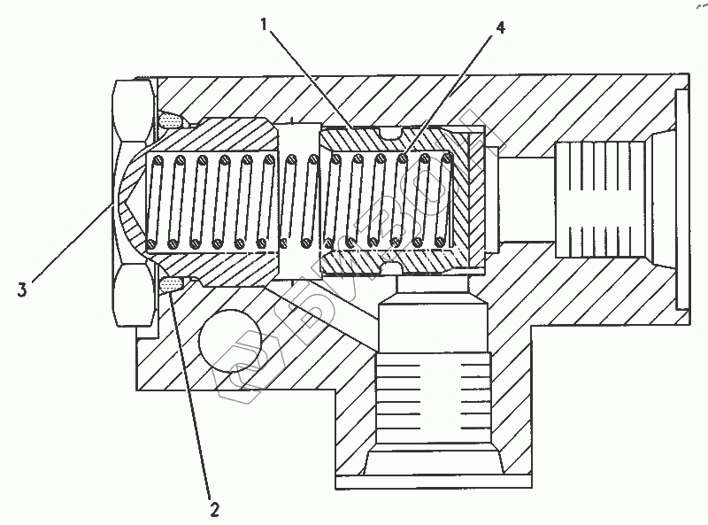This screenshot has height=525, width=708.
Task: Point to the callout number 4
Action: coord(501,27)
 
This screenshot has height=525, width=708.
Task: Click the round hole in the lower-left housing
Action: coord(229,339)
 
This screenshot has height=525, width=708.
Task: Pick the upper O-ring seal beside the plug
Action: coord(172,119)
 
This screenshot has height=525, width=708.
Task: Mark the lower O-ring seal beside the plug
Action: coord(172,283)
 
